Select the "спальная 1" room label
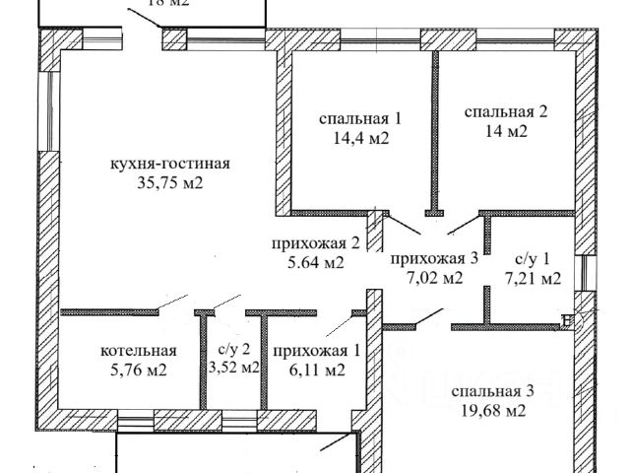[x=360, y=119]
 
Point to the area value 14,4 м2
[x=360, y=139]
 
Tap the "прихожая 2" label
[x=312, y=243]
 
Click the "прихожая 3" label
[x=434, y=259]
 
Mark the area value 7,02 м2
[x=434, y=278]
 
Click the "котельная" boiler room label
[x=138, y=351]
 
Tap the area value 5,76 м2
[x=138, y=371]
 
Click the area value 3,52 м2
[x=233, y=368]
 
